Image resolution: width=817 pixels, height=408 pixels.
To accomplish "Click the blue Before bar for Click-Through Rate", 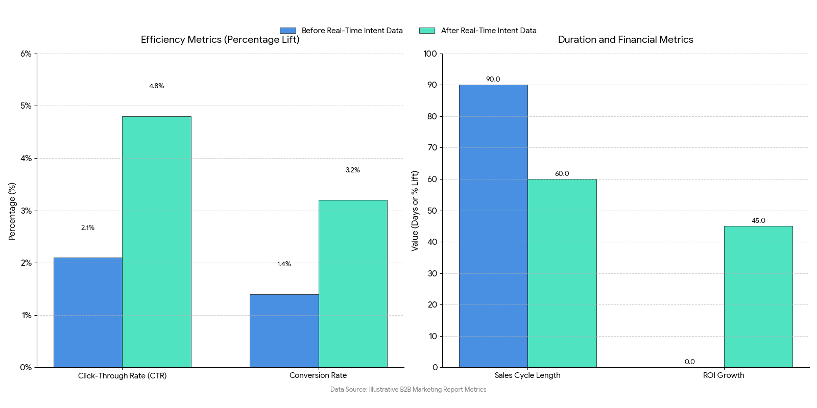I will tap(88, 312).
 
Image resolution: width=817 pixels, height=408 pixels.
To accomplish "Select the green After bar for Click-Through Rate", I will tap(156, 242).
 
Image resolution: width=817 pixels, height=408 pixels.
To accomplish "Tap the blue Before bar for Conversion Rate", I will tap(284, 330).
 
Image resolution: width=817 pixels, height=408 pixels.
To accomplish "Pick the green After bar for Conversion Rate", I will tap(353, 284).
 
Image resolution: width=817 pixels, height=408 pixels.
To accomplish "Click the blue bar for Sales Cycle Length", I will tap(493, 226).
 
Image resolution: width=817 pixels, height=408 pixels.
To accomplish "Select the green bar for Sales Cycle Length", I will tap(562, 273).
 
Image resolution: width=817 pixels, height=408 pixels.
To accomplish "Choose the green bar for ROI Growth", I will tap(758, 296).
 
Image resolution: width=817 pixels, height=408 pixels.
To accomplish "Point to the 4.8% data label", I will tap(156, 86).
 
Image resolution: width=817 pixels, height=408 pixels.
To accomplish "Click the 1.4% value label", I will tap(284, 264).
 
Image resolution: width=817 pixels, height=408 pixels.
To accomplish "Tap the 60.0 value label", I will tap(562, 174).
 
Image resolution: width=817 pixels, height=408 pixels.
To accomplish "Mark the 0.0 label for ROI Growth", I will tap(689, 362).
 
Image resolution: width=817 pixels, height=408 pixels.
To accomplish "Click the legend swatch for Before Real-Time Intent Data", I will tap(288, 31).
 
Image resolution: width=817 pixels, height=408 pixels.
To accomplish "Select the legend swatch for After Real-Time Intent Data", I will tap(427, 31).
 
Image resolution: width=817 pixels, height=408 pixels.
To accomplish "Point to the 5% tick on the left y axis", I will tap(26, 106).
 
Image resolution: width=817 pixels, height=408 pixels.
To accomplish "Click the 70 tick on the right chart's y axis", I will tap(432, 148).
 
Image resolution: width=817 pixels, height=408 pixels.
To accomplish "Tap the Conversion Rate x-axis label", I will tap(318, 375).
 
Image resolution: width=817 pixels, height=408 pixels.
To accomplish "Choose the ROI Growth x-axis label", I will tap(724, 375).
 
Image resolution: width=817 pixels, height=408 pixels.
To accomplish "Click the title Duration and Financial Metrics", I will tap(626, 40).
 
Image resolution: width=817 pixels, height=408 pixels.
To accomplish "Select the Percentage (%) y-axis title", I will tap(12, 211).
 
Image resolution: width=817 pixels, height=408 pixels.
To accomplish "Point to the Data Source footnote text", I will tap(408, 390).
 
